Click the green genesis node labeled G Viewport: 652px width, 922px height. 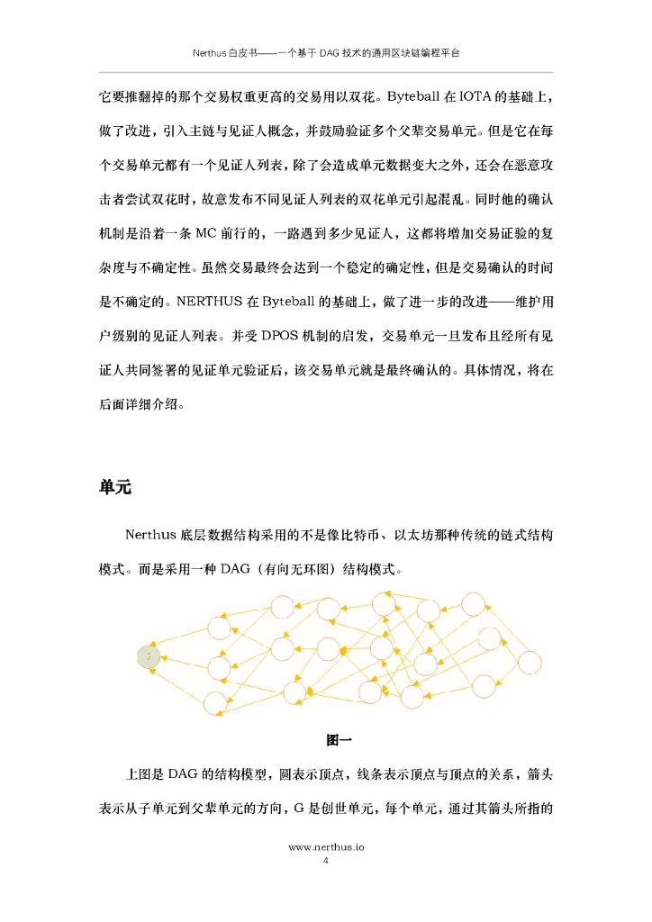[x=148, y=655]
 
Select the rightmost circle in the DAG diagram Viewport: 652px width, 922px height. [x=529, y=663]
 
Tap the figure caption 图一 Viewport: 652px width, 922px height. [x=339, y=740]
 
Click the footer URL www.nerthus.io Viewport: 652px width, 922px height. [x=325, y=847]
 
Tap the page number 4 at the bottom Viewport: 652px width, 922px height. [x=326, y=861]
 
